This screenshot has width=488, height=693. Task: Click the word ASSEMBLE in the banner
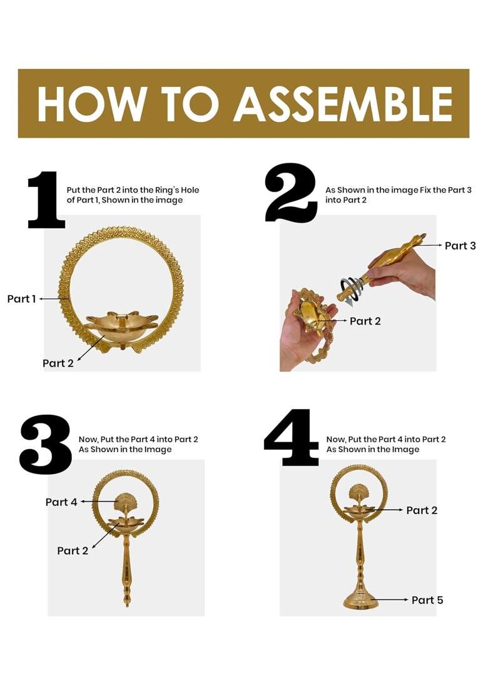pos(343,104)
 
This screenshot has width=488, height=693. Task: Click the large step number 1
pos(46,200)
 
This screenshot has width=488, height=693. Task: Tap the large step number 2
pos(291,193)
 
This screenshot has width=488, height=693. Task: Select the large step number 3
pos(46,444)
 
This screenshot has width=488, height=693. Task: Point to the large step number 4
pos(292,437)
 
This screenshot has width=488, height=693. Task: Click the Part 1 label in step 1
pos(21,299)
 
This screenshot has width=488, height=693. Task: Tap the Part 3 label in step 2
pos(460,246)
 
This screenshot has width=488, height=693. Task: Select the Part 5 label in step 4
pos(427,600)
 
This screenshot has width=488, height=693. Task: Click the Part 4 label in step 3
pos(61,502)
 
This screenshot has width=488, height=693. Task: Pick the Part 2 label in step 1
pos(58,363)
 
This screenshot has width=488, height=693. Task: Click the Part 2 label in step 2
pos(365,321)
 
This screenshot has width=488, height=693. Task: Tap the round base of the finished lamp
pos(361,600)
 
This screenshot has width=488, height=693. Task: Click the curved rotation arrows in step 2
pos(352,290)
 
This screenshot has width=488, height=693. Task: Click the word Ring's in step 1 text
pos(168,190)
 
